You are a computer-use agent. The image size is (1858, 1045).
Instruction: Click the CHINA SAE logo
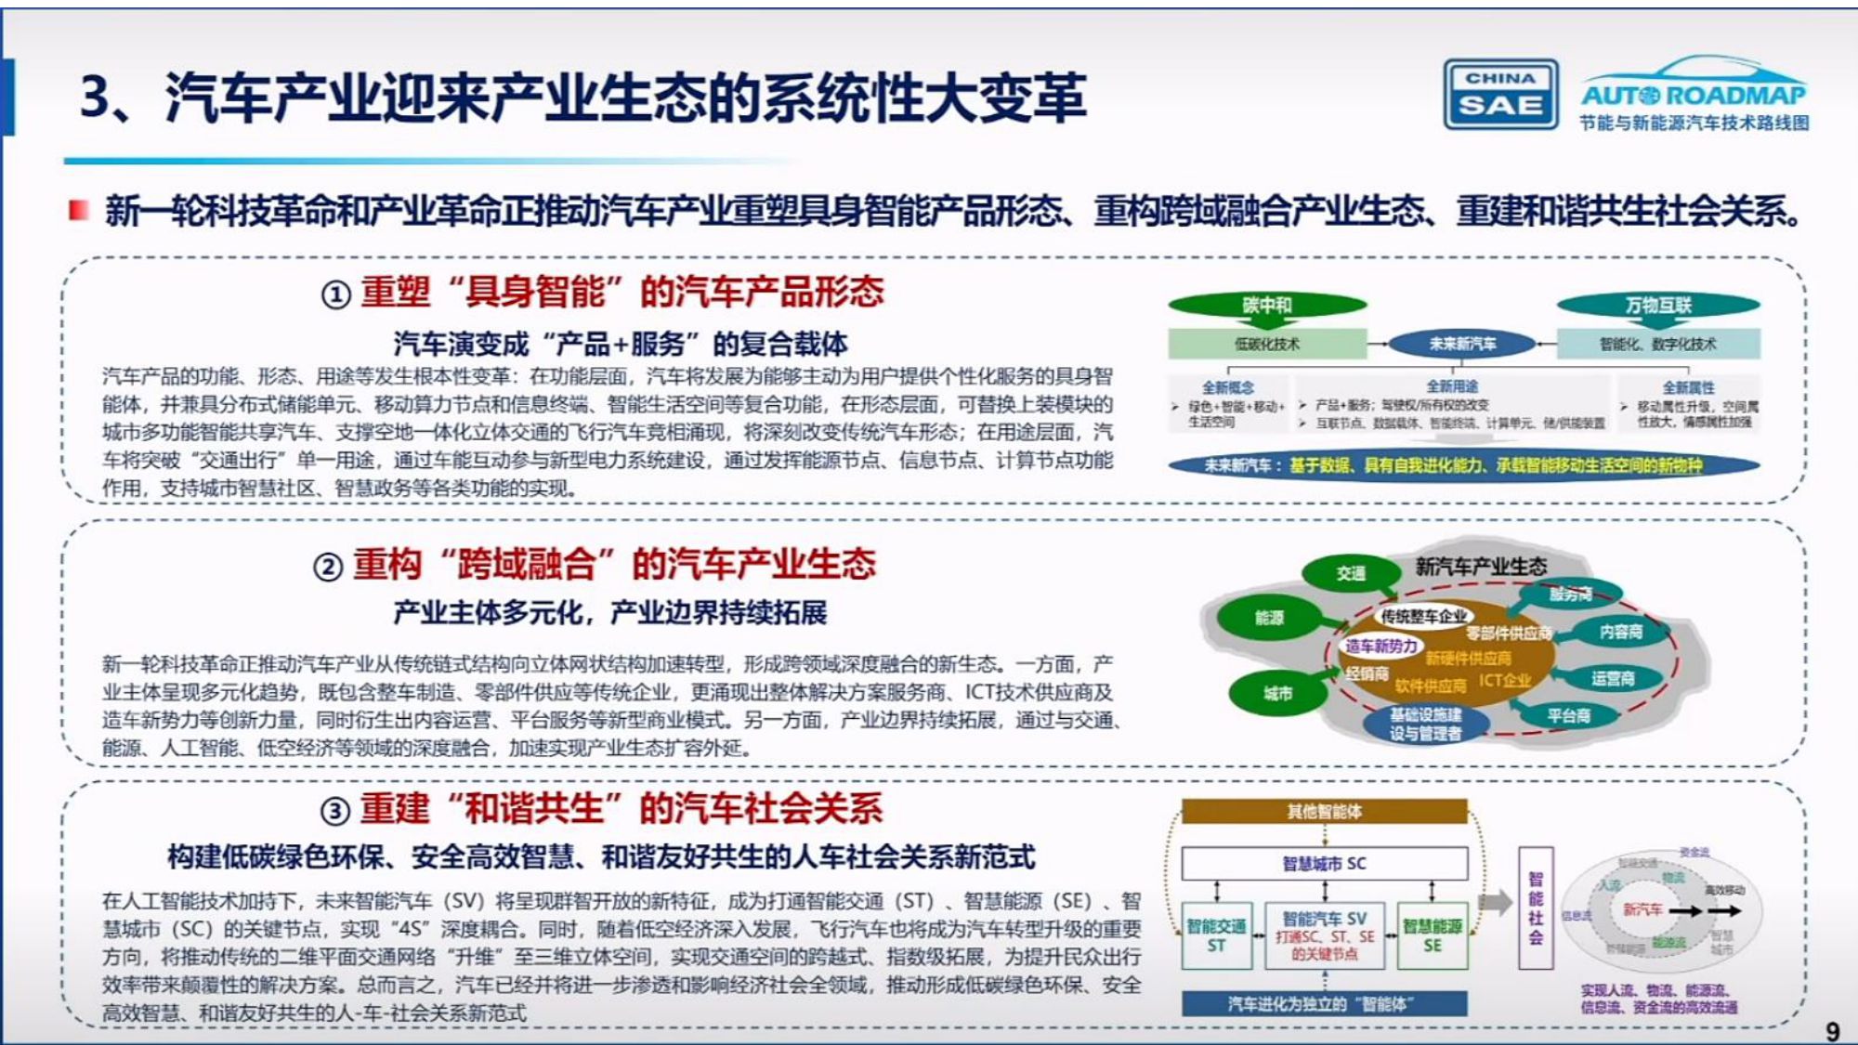pos(1499,95)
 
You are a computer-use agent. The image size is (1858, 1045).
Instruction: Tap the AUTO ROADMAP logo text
pos(1694,95)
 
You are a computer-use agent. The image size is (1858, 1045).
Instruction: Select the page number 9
pos(1832,1031)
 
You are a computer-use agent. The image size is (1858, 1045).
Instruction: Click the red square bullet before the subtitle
pos(79,211)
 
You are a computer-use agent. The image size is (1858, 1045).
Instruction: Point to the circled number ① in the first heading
pos(335,294)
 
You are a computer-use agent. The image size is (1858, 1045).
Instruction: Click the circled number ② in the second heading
pos(328,567)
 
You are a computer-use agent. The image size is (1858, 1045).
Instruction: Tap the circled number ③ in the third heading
pos(335,811)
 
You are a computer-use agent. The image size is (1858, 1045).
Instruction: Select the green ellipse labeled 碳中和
pos(1267,306)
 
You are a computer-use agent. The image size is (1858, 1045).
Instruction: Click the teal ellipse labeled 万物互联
pos(1658,306)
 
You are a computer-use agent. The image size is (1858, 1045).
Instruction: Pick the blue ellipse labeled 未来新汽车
pos(1462,344)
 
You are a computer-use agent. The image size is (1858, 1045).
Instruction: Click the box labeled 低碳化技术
pos(1267,344)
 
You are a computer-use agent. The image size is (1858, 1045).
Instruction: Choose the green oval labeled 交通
pos(1351,574)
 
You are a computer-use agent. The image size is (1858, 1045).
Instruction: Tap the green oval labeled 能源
pos(1269,618)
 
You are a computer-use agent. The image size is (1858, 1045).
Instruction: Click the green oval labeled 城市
pos(1277,693)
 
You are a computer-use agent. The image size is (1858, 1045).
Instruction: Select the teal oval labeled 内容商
pos(1620,632)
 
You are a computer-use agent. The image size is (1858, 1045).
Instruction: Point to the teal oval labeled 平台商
pos(1568,715)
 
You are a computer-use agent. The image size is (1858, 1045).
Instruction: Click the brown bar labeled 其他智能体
pos(1324,812)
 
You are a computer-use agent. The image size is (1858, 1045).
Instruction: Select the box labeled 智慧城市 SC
pos(1324,864)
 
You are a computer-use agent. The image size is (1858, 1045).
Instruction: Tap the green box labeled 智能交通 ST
pos(1216,935)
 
